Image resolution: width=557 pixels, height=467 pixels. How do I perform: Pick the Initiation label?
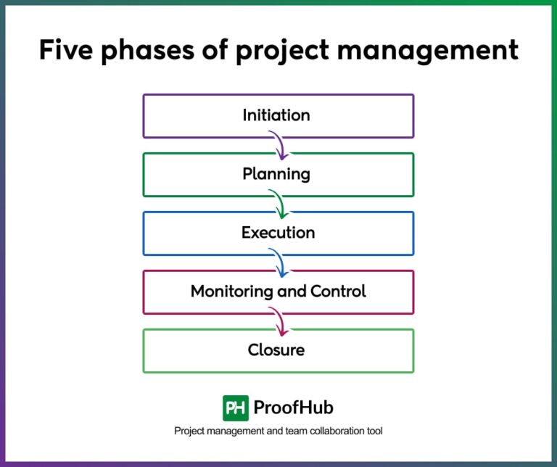(276, 115)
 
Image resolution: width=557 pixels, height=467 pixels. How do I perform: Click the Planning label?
(276, 175)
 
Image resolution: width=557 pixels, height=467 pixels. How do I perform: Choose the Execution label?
(278, 233)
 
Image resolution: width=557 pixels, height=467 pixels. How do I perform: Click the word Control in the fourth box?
(338, 292)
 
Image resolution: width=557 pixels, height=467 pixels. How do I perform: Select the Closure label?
(276, 350)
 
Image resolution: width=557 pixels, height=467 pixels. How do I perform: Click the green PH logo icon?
(236, 408)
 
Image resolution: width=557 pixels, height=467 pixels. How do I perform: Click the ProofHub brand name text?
(293, 408)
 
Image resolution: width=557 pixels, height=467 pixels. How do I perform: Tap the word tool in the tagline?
(374, 431)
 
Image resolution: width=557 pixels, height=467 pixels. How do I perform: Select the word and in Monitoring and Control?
(292, 292)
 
